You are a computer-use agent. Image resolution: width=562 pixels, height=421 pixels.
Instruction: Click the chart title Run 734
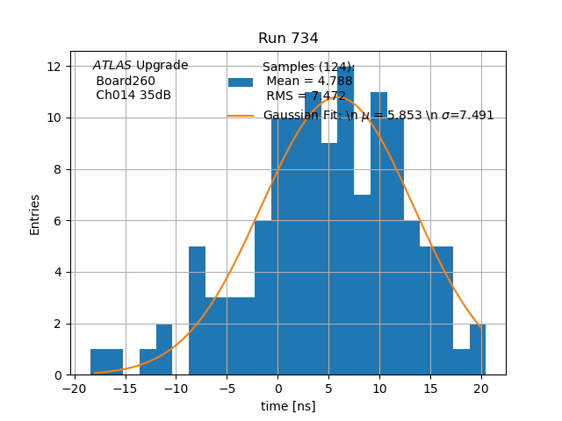(x=288, y=39)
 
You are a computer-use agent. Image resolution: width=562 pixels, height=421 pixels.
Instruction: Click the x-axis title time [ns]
(x=288, y=406)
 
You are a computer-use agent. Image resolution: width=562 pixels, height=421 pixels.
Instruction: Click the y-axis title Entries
(x=35, y=214)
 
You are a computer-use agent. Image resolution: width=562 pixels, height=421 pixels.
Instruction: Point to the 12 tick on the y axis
(x=54, y=67)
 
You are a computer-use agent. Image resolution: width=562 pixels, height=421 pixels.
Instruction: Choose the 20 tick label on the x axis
(x=481, y=389)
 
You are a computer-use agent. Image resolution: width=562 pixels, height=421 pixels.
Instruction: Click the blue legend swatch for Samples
(x=241, y=82)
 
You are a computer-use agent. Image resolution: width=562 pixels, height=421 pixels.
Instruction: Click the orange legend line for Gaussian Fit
(x=241, y=115)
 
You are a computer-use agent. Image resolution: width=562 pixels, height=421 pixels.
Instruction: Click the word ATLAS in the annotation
(x=112, y=66)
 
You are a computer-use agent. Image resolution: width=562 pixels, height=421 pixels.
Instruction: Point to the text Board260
(x=126, y=81)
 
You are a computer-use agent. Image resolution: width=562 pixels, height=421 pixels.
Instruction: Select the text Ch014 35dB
(x=133, y=96)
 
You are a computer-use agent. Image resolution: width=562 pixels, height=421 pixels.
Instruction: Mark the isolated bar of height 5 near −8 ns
(x=197, y=310)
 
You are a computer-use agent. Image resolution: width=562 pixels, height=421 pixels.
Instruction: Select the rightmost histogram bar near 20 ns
(x=477, y=350)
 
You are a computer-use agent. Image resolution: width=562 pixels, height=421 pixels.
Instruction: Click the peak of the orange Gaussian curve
(x=328, y=96)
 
